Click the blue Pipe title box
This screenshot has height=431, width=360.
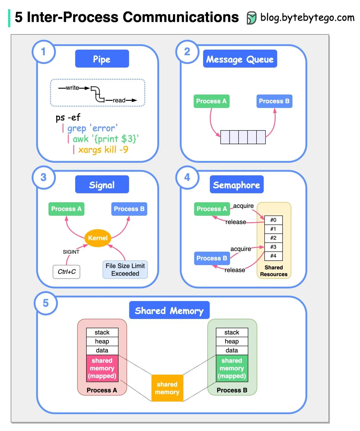click(x=102, y=59)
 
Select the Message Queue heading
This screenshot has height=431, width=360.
click(x=240, y=59)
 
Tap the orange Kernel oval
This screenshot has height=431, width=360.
click(x=98, y=238)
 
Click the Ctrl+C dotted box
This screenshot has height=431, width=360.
click(x=67, y=272)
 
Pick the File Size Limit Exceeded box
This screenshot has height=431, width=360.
click(x=125, y=270)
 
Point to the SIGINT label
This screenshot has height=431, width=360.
click(x=71, y=252)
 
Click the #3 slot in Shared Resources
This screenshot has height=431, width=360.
click(x=273, y=247)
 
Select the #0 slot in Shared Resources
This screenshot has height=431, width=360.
click(x=273, y=220)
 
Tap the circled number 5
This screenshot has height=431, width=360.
click(x=46, y=303)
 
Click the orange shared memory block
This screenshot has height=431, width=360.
click(x=167, y=388)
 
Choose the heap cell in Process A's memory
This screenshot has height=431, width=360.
click(x=102, y=341)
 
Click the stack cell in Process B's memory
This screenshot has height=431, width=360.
click(x=232, y=332)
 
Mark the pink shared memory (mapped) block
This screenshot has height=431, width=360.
click(x=102, y=368)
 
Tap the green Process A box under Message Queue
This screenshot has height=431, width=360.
click(x=211, y=101)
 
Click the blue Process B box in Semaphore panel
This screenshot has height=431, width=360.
click(x=212, y=258)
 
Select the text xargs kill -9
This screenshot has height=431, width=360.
click(x=103, y=150)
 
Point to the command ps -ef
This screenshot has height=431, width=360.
click(x=68, y=117)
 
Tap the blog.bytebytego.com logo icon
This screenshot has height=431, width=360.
click(x=251, y=18)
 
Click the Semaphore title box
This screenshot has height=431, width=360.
click(x=237, y=185)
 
